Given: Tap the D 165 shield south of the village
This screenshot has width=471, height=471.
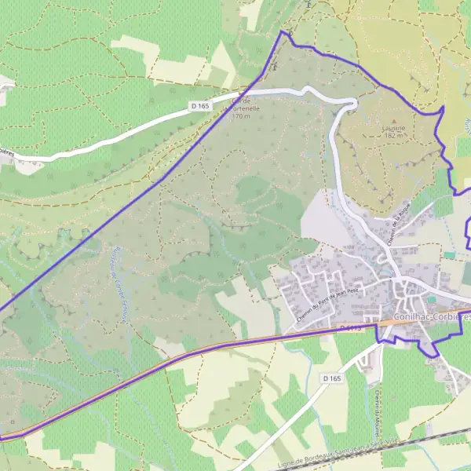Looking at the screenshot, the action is click(332, 378).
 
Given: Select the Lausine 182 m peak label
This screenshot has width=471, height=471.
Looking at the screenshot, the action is click(394, 130).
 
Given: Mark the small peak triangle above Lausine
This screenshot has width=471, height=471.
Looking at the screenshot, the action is click(395, 119).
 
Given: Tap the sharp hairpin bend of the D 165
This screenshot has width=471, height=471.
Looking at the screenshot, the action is click(353, 102).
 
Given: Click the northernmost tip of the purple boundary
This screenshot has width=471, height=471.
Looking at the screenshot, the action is click(282, 31).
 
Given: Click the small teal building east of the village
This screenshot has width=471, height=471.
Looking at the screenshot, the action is click(450, 255).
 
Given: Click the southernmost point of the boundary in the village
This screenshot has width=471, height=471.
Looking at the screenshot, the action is click(430, 356).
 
